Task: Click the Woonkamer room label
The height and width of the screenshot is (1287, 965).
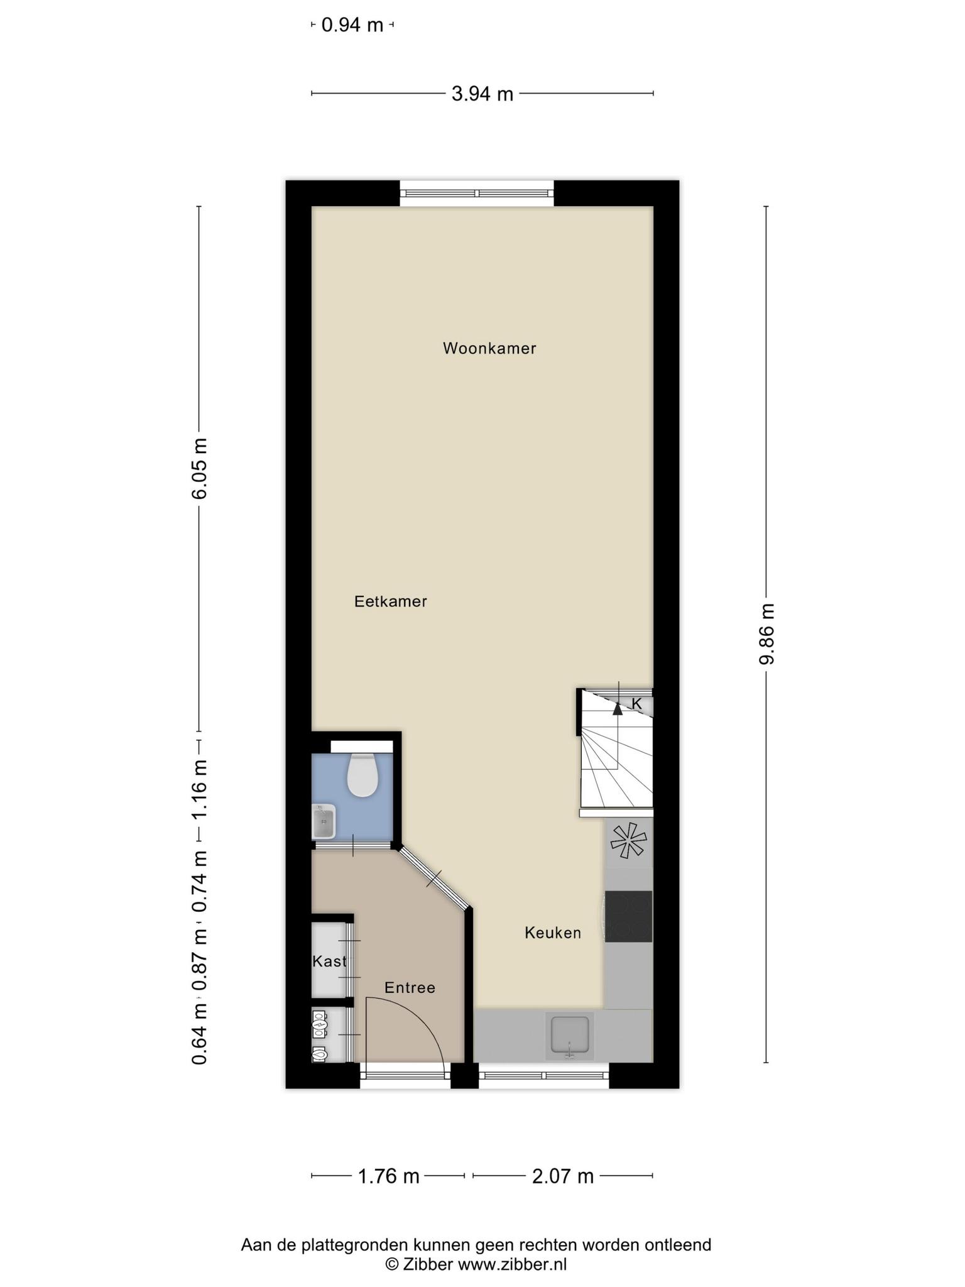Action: pos(489,348)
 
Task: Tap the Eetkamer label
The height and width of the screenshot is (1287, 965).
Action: pos(391,601)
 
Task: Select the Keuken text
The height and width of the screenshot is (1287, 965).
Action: pos(553,933)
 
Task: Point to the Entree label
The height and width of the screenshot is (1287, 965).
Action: pos(410,988)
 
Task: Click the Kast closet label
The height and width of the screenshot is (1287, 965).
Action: pos(330,961)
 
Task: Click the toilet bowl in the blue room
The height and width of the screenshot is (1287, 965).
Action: pos(362,775)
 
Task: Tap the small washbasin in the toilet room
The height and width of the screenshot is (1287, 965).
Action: pos(324,822)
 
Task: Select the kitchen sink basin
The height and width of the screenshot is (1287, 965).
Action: pos(570,1034)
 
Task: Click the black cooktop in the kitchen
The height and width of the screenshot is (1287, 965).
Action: pos(628,916)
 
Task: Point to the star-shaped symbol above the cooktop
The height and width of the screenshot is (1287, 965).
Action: pos(628,841)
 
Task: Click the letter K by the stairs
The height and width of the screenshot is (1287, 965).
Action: pos(636,704)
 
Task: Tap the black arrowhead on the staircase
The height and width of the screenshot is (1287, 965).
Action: pos(618,709)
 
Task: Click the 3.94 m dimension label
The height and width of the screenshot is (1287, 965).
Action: pos(482,94)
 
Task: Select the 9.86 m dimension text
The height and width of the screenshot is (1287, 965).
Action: pos(766,634)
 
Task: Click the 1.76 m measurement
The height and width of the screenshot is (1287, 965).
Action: pos(388,1176)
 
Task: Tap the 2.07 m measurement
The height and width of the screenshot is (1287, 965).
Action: pos(563,1176)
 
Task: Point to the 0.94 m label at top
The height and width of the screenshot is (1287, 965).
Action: pos(352,25)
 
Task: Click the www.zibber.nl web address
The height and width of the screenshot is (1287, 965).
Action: pos(512,1264)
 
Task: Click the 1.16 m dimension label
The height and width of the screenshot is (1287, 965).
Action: pos(200,789)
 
